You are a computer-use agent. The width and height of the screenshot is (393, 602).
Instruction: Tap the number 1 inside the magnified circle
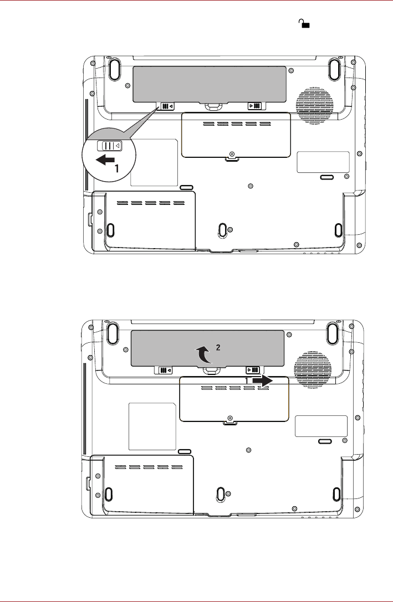tap(116, 171)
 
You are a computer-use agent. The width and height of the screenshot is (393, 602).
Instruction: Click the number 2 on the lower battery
tap(218, 347)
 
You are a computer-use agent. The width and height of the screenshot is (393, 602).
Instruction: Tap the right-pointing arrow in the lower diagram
tap(262, 381)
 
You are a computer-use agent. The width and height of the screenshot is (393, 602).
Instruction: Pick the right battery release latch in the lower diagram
tap(253, 370)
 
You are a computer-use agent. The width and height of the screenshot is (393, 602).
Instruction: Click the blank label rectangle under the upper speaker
tap(323, 162)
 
